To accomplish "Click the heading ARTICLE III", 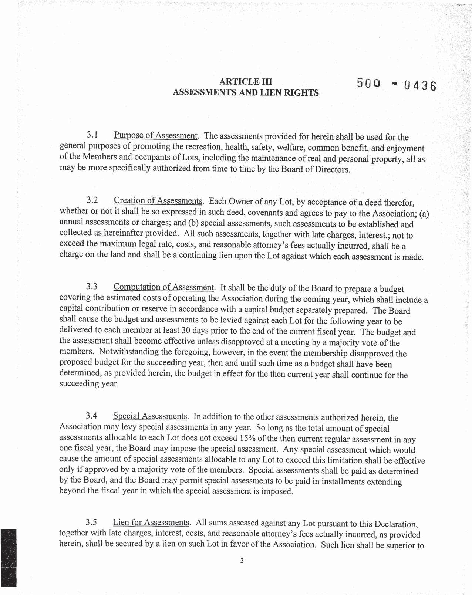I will [x=246, y=81].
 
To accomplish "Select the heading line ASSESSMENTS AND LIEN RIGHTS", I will [x=246, y=92].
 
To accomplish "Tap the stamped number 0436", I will [x=420, y=87].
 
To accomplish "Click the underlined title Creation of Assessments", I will [x=158, y=201].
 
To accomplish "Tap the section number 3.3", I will [x=92, y=287].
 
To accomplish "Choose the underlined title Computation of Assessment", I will [x=164, y=287].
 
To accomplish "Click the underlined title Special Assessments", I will [x=151, y=416].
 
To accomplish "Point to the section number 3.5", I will [x=91, y=522].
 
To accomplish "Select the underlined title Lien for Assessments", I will [x=151, y=523].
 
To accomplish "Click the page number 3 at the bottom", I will [x=242, y=561].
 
